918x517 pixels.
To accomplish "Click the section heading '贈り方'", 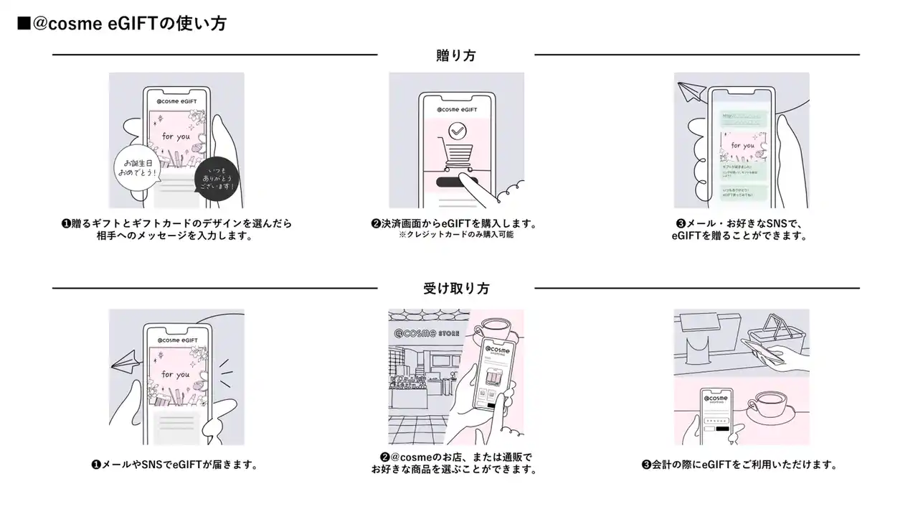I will pyautogui.click(x=455, y=55).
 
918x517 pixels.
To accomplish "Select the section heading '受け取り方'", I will pyautogui.click(x=455, y=289).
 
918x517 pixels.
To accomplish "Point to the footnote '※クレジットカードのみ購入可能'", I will pyautogui.click(x=456, y=235).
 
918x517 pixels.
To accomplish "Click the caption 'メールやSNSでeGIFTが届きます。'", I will pyautogui.click(x=174, y=465).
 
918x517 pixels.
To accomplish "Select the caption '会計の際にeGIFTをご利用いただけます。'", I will pyautogui.click(x=739, y=465).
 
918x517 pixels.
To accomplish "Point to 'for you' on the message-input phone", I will pyautogui.click(x=176, y=136).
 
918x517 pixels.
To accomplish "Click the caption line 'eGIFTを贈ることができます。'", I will pyautogui.click(x=739, y=235).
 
